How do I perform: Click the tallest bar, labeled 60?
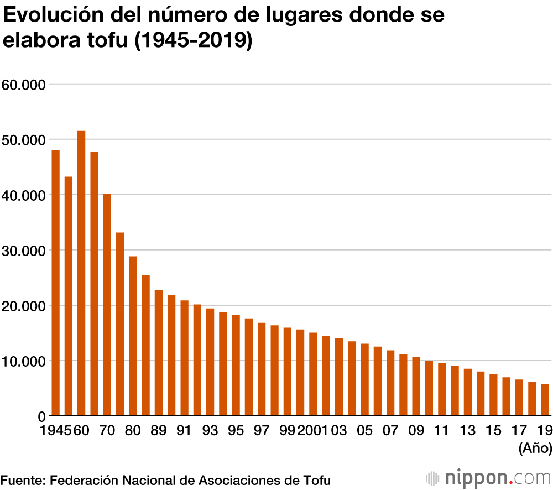point(81,273)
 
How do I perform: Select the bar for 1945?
point(55,283)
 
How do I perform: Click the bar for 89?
point(159,353)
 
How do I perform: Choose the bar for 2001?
point(313,374)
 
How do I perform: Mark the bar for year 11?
point(442,389)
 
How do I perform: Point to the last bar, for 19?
point(545,400)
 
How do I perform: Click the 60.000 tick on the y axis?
point(23,85)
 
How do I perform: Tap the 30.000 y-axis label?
point(23,251)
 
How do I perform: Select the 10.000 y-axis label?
point(23,361)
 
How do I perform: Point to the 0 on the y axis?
point(41,416)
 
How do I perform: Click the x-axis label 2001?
point(312,431)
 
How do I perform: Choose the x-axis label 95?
point(236,431)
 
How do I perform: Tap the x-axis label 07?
point(390,431)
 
